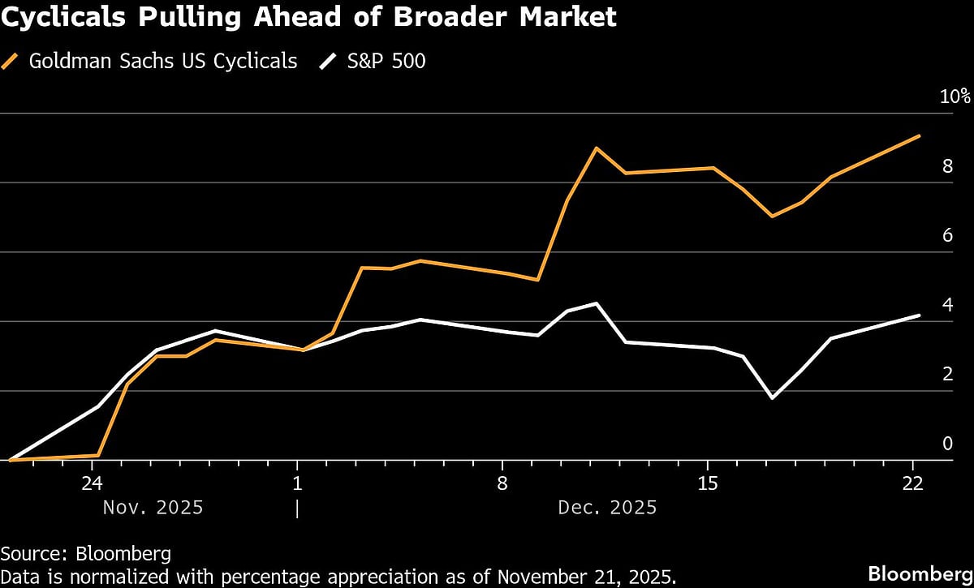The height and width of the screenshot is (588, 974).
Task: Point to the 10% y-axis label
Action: [955, 97]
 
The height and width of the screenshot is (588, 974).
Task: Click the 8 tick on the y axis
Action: [946, 166]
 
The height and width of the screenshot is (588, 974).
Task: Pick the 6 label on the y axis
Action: [946, 236]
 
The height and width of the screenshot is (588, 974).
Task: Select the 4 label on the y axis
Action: [946, 305]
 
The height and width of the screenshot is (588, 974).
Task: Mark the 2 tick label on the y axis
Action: [946, 375]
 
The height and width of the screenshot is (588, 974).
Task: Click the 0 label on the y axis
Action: [946, 444]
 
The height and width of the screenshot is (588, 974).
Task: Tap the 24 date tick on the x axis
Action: [92, 483]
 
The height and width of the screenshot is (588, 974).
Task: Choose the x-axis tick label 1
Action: [297, 483]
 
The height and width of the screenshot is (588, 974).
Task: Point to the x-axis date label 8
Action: [502, 483]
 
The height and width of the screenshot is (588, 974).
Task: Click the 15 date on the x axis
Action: [708, 483]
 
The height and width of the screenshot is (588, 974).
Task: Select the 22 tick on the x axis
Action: [913, 483]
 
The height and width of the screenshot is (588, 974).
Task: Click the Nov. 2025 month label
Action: [153, 509]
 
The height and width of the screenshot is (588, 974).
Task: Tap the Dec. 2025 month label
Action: [607, 509]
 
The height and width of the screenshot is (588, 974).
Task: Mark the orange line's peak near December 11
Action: [597, 148]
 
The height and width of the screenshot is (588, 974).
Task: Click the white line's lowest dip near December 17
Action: [772, 397]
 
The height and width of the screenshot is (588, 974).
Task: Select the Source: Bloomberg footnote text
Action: [86, 555]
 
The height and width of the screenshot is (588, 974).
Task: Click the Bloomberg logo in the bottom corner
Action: [920, 573]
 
